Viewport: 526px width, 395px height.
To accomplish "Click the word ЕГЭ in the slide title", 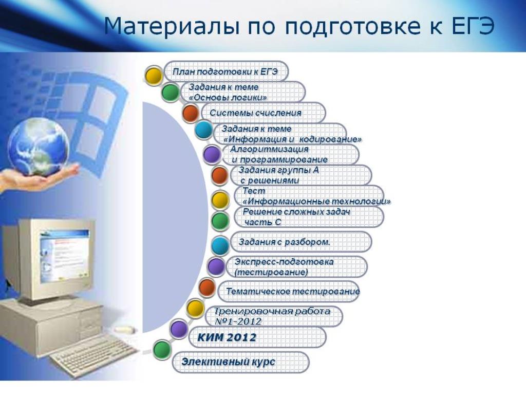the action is (x=473, y=26).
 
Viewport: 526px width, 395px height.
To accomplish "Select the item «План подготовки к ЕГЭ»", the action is (x=225, y=71).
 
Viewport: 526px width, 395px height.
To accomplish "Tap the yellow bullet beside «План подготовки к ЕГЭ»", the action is (x=154, y=75).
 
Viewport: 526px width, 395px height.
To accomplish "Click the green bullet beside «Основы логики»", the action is (x=170, y=93).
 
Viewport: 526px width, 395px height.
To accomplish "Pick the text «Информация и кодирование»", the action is (x=292, y=139).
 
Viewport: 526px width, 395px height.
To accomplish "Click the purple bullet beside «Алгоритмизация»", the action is (x=212, y=154).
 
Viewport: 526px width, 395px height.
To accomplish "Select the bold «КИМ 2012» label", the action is (x=227, y=337).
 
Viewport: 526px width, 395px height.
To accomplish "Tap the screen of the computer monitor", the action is (x=64, y=255).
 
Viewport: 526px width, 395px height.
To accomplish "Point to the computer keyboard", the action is (x=94, y=355).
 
